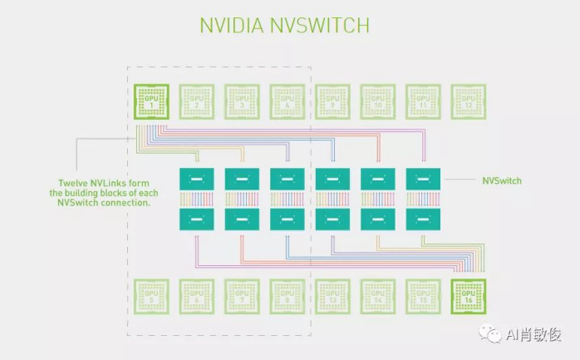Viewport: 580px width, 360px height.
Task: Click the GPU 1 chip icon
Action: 151,101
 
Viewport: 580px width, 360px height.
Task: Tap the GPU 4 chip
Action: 287,101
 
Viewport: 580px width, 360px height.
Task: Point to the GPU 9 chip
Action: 332,101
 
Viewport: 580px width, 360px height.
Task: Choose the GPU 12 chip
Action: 468,101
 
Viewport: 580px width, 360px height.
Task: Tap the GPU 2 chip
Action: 196,101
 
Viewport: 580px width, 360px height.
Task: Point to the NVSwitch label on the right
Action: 502,180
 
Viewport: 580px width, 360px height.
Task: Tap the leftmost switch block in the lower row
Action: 196,219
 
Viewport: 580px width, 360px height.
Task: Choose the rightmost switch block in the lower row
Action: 423,219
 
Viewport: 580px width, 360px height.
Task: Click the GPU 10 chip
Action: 377,101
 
